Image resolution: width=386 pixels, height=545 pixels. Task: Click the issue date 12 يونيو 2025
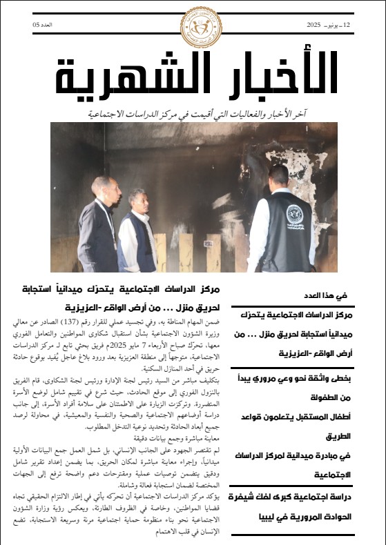(329, 25)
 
